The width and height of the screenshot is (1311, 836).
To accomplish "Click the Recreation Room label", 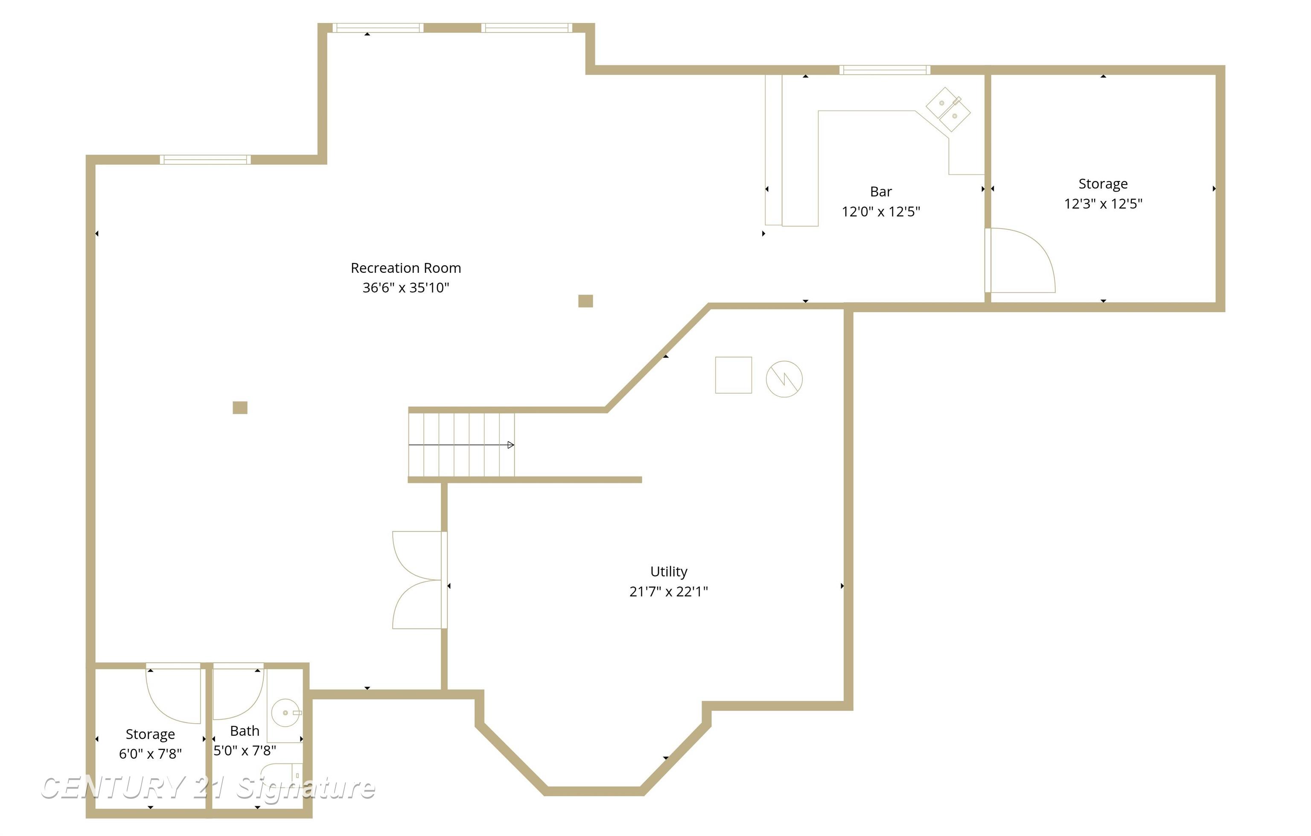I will pos(405,268).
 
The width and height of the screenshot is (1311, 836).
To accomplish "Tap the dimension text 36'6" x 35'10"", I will pos(405,288).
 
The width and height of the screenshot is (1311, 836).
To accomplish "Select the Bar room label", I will pos(880,192).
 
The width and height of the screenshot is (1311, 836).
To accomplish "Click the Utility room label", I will pos(669,571).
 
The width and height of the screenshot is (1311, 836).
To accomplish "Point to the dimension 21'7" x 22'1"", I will pos(669,591).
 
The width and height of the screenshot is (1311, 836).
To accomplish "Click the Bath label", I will pos(245,731).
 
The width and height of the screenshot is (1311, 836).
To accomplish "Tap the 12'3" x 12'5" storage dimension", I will pos(1103,204).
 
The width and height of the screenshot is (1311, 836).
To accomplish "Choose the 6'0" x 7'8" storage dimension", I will pos(150,754).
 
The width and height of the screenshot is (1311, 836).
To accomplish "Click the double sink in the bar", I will pos(948,109).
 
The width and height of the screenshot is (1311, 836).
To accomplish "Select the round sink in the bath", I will pos(285,712).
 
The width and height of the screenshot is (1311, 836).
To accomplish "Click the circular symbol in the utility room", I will pos(784,379).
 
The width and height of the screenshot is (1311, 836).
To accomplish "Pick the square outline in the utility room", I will pos(733,375).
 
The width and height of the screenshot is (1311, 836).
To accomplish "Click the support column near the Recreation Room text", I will pos(585,301).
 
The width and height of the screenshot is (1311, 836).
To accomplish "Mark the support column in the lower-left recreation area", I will pos(240,407).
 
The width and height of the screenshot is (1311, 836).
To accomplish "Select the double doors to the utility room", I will pos(418,580).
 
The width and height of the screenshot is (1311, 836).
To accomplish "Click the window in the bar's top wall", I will pos(884,70).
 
